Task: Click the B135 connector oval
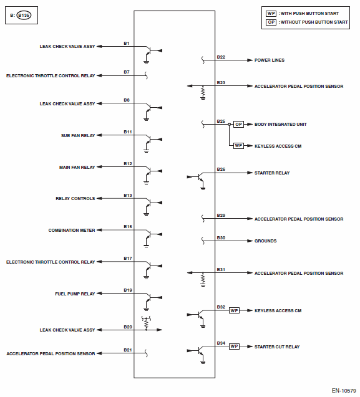pos(24,15)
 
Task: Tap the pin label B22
pos(221,57)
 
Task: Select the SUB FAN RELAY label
pos(78,135)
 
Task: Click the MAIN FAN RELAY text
pos(77,168)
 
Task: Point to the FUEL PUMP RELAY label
pos(75,294)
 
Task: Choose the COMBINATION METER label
pos(72,230)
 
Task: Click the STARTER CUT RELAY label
pos(277,347)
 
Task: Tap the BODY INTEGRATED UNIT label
pos(281,124)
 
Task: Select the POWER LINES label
pos(270,60)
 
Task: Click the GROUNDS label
pos(265,241)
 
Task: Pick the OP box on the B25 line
pos(238,124)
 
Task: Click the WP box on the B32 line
pos(234,310)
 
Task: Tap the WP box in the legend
pos(271,14)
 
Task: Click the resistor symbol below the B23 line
pos(203,93)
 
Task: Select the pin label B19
pos(128,290)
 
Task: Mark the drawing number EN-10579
pos(344,391)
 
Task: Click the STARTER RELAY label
pos(272,173)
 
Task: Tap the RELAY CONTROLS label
pos(75,198)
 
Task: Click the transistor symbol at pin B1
pos(152,54)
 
